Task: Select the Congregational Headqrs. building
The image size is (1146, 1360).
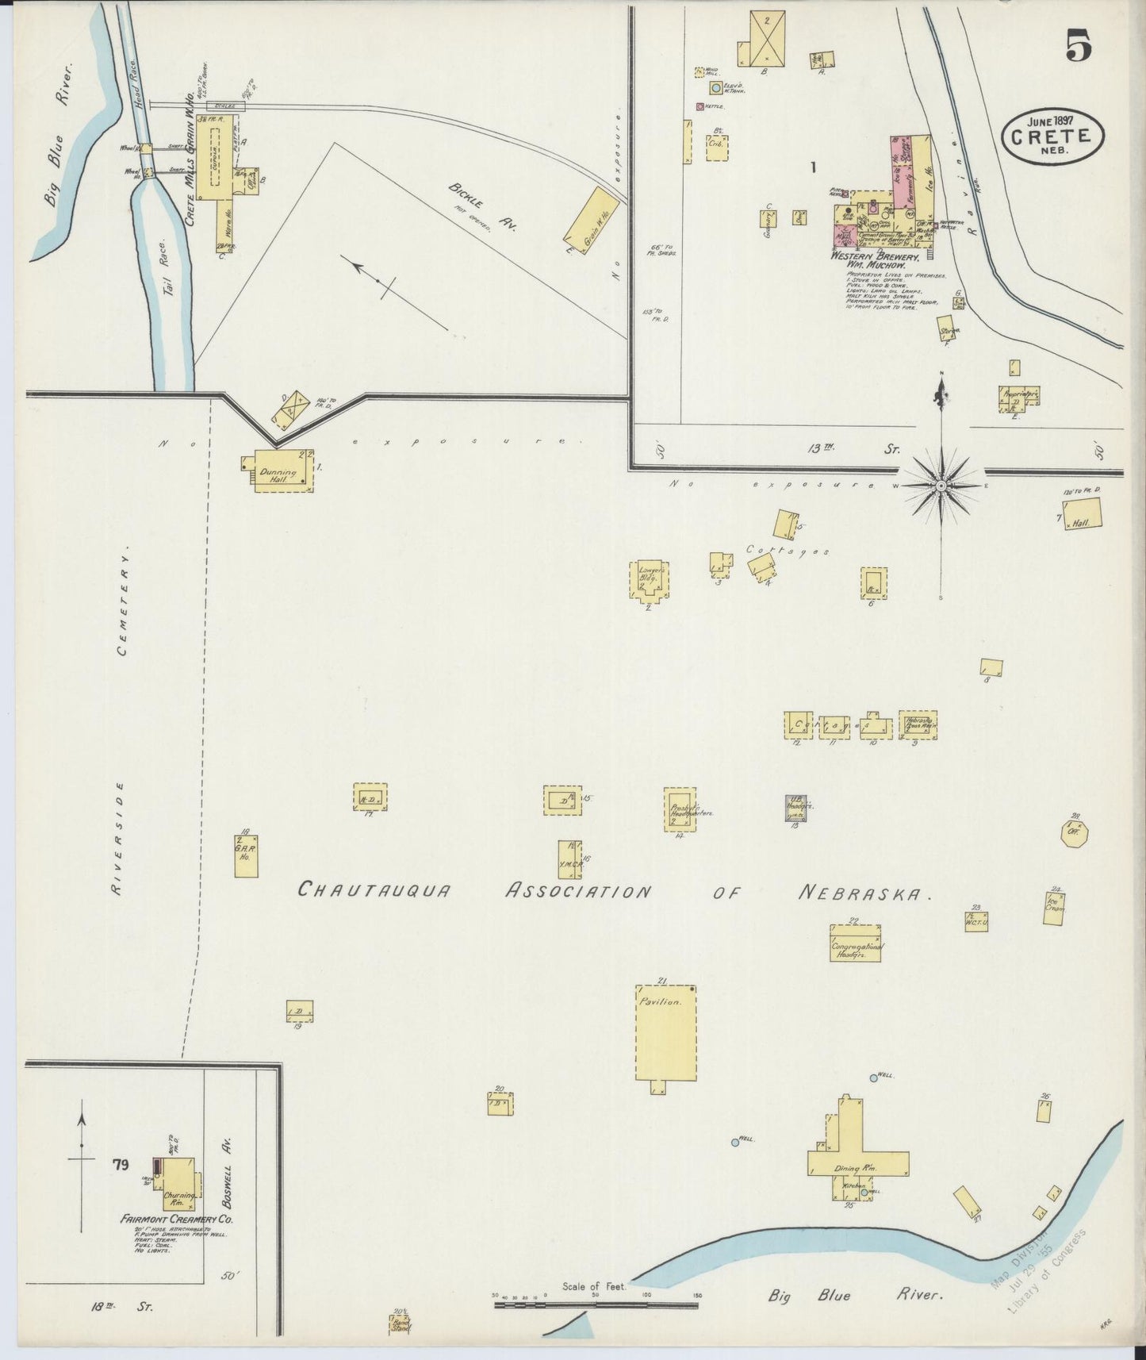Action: click(854, 943)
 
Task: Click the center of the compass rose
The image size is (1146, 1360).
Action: click(941, 484)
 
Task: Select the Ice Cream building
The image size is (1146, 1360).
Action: click(1054, 909)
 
